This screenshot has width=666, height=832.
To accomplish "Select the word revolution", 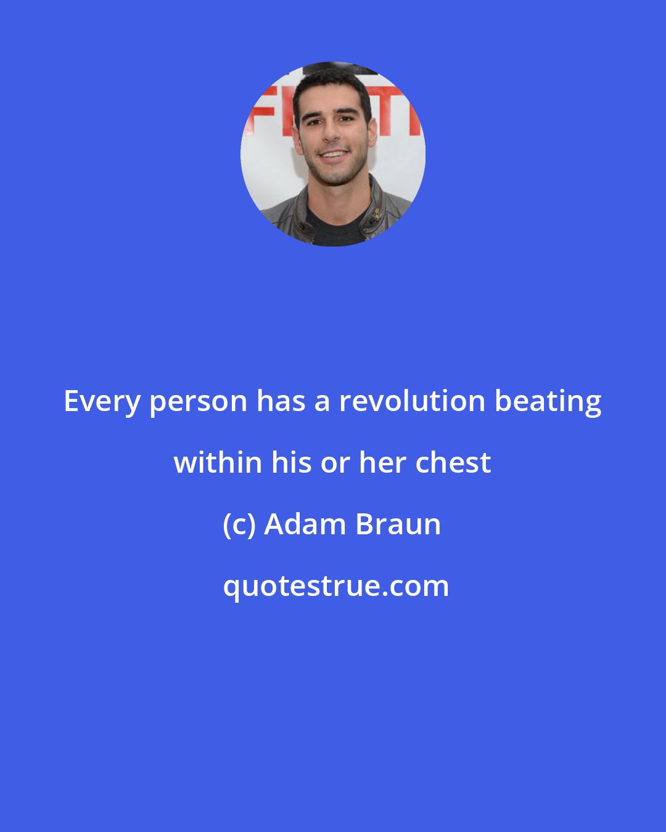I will coord(413,401).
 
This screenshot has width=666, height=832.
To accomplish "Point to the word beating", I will coord(548,402).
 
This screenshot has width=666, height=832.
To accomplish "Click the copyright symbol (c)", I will coord(239,525).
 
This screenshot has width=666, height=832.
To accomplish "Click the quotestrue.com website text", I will coord(335,586).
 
